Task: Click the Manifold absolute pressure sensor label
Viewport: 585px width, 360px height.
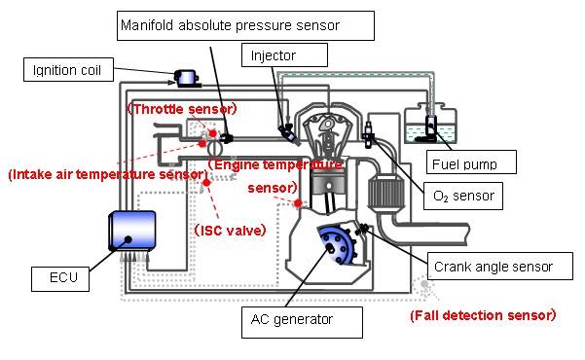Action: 230,24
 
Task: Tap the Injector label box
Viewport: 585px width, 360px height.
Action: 274,55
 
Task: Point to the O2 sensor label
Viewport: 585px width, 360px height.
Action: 463,196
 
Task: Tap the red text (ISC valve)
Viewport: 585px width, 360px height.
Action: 230,230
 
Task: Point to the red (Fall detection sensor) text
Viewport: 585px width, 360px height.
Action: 482,315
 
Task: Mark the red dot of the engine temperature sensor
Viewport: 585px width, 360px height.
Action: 298,202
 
